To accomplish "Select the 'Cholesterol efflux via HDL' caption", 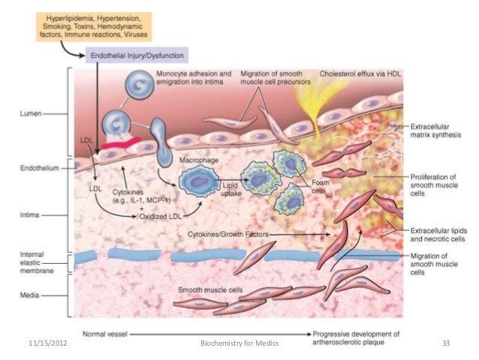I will tap(360, 74).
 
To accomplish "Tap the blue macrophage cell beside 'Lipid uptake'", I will tap(198, 183).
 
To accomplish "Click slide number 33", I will tap(446, 343).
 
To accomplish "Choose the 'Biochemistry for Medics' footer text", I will tap(240, 343).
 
